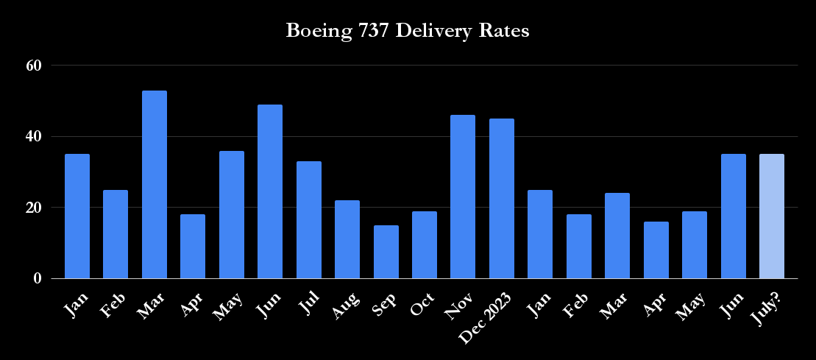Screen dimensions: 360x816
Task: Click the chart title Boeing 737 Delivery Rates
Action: (x=408, y=32)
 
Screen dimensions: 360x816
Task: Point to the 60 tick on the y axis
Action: (x=33, y=65)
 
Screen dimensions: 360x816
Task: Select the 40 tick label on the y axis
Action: (x=33, y=136)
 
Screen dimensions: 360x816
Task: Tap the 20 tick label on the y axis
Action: (x=33, y=208)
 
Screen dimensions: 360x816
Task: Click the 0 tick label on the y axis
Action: (x=37, y=279)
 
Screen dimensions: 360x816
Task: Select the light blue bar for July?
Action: (x=771, y=216)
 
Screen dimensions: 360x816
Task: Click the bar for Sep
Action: (x=386, y=252)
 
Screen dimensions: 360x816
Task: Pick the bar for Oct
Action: (x=425, y=245)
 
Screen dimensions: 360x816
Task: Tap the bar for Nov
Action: (x=463, y=197)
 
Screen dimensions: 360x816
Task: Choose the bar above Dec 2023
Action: (x=502, y=199)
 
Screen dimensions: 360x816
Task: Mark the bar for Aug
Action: (x=347, y=239)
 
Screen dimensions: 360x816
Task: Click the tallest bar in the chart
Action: (x=155, y=185)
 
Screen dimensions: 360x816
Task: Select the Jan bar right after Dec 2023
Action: (x=540, y=234)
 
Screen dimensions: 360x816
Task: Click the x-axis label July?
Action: (x=768, y=302)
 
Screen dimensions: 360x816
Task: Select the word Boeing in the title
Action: (x=314, y=32)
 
